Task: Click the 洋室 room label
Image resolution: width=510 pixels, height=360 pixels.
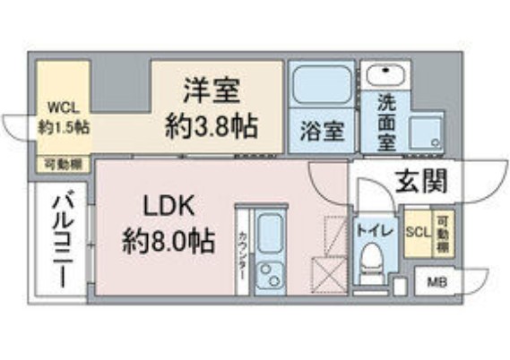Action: pos(215,91)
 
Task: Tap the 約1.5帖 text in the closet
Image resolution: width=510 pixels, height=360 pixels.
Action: pos(63,127)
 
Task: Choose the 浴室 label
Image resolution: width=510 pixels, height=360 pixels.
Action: pos(320,131)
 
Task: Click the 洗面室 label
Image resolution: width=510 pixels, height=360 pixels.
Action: pos(384,116)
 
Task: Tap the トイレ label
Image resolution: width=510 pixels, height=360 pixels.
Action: pos(370,230)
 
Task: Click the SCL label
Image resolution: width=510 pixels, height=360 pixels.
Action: pos(418,230)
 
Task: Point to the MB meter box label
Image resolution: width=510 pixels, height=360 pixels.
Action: pos(436,284)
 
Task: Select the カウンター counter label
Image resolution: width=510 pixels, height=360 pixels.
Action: pos(243,255)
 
